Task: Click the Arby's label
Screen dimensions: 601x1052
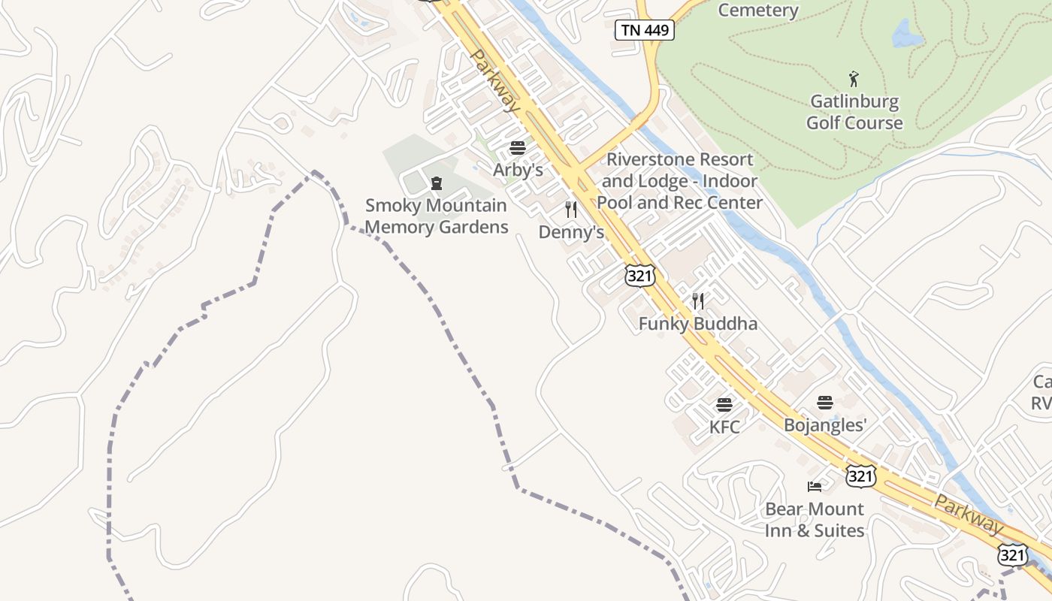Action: tap(518, 170)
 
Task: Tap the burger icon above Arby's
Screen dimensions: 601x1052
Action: tap(517, 148)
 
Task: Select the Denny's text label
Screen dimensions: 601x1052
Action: tap(571, 232)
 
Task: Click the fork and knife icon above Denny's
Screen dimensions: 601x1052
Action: tap(571, 210)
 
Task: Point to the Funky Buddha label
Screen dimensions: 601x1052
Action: tap(697, 324)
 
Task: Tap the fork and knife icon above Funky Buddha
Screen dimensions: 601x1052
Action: tap(698, 302)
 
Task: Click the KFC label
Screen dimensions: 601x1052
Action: tap(724, 427)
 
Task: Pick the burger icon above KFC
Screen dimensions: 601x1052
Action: tap(724, 406)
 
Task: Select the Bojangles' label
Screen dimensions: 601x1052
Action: tap(825, 425)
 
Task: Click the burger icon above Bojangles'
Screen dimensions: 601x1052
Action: tap(825, 403)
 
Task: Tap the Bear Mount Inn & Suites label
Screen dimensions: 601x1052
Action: tap(815, 519)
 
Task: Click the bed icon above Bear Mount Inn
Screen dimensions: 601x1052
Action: tap(815, 487)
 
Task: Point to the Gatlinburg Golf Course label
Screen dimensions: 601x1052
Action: tap(854, 112)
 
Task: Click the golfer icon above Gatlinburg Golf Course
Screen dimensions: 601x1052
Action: tap(854, 79)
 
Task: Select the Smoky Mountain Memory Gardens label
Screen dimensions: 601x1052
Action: tap(436, 216)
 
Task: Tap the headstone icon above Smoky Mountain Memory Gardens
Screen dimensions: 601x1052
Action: tap(436, 183)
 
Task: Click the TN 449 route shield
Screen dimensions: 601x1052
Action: tap(645, 30)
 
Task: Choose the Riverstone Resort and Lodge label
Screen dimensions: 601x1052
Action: tap(679, 181)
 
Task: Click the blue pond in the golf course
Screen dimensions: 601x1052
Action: tap(907, 34)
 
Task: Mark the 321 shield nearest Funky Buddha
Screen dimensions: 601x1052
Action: tap(639, 276)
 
